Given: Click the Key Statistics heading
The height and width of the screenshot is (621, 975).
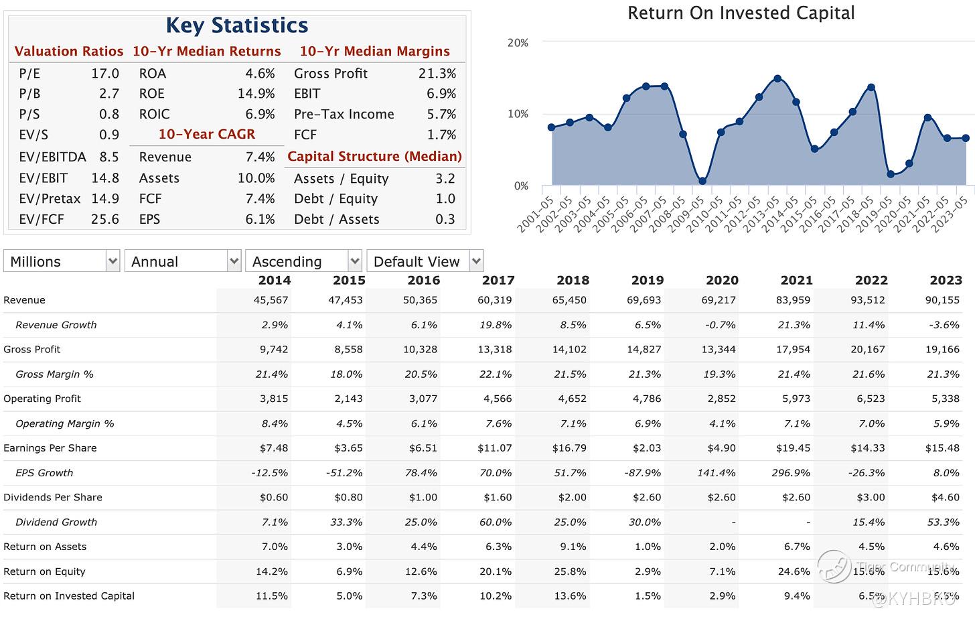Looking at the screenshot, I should pyautogui.click(x=237, y=25).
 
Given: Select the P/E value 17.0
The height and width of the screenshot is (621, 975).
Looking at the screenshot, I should pyautogui.click(x=105, y=74).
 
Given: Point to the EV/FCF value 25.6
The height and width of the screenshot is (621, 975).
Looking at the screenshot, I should pyautogui.click(x=105, y=219).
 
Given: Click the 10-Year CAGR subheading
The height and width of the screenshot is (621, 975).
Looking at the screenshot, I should pyautogui.click(x=206, y=134).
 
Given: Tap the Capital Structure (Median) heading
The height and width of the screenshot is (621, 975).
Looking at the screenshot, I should pyautogui.click(x=374, y=156).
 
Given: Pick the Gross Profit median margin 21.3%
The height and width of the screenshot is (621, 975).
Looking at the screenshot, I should pyautogui.click(x=437, y=74).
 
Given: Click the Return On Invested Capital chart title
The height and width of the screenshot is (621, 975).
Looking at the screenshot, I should pyautogui.click(x=741, y=13).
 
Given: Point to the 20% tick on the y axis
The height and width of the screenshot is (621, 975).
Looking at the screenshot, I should pyautogui.click(x=518, y=43).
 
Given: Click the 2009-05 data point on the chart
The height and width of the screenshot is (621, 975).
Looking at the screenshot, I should pyautogui.click(x=702, y=181).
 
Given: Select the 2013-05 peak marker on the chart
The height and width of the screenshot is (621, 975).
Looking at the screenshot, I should pyautogui.click(x=777, y=78).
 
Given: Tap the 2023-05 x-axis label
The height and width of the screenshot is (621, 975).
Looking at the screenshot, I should pyautogui.click(x=952, y=214).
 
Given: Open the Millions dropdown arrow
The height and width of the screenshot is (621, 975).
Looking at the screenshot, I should pyautogui.click(x=112, y=261).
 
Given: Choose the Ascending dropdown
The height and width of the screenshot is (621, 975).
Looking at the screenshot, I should pyautogui.click(x=303, y=261).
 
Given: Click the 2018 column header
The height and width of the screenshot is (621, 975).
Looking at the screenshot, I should pyautogui.click(x=573, y=280).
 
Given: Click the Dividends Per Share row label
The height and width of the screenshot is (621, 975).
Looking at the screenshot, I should pyautogui.click(x=53, y=497).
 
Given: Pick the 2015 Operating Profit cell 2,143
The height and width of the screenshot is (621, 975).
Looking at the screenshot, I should pyautogui.click(x=348, y=399).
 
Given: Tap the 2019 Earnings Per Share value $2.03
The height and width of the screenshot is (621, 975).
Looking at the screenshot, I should pyautogui.click(x=646, y=448).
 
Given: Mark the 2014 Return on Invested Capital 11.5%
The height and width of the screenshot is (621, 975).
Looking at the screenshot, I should pyautogui.click(x=272, y=596).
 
